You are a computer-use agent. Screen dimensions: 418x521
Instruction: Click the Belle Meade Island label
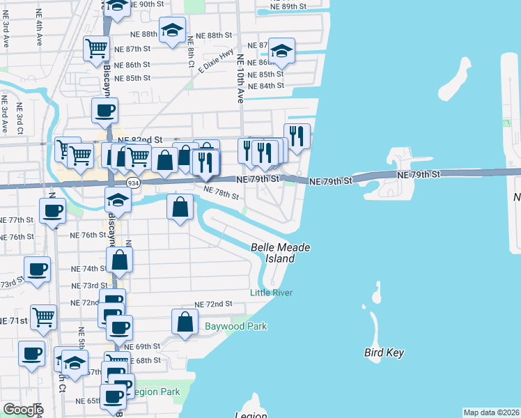click(x=280, y=253)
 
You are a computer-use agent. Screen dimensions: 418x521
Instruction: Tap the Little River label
click(x=272, y=293)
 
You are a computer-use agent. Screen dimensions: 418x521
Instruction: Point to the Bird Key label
click(x=384, y=353)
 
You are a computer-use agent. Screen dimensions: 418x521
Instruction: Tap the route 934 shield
click(x=132, y=183)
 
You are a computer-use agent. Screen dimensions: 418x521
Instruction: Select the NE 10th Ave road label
click(x=240, y=79)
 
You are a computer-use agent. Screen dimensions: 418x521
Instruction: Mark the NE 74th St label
click(x=89, y=268)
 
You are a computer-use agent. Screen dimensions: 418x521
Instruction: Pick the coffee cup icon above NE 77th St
click(x=53, y=210)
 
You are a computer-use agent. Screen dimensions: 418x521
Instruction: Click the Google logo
click(x=23, y=410)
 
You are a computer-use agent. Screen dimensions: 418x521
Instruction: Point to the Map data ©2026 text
click(x=492, y=412)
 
